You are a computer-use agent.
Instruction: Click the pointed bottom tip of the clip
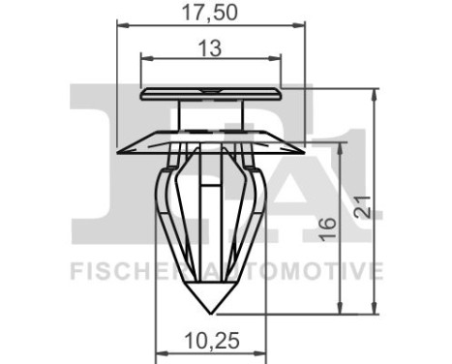(211, 312)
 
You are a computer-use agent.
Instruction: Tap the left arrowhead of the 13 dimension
(146, 59)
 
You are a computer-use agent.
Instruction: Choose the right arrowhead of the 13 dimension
(275, 59)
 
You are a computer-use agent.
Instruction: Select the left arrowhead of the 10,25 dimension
(159, 353)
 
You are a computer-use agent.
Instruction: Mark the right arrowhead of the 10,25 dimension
(261, 353)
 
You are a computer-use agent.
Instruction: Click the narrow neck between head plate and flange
(210, 111)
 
